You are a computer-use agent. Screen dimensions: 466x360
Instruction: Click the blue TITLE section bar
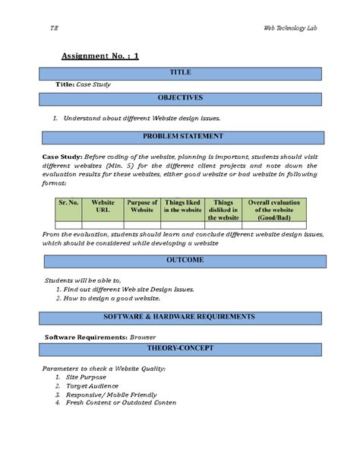pyautogui.click(x=180, y=73)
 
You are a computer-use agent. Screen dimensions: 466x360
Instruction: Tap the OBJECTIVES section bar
pyautogui.click(x=180, y=98)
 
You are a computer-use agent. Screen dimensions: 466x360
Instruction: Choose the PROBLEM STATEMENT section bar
pyautogui.click(x=180, y=137)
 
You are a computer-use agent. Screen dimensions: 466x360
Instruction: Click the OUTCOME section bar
pyautogui.click(x=180, y=261)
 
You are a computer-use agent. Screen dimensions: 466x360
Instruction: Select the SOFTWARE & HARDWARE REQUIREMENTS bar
pyautogui.click(x=180, y=316)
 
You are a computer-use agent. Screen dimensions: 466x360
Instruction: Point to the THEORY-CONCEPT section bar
pyautogui.click(x=180, y=348)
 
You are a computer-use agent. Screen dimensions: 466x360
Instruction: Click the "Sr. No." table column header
pyautogui.click(x=69, y=203)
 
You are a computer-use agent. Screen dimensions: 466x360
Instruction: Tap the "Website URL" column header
pyautogui.click(x=103, y=207)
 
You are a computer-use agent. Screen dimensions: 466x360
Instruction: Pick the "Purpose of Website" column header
pyautogui.click(x=141, y=207)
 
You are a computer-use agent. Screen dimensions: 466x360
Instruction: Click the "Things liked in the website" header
pyautogui.click(x=182, y=207)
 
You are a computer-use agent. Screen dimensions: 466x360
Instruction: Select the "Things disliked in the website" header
pyautogui.click(x=223, y=210)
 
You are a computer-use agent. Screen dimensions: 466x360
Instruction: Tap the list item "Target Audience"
pyautogui.click(x=93, y=386)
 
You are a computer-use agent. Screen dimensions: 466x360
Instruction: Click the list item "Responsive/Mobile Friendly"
pyautogui.click(x=111, y=395)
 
